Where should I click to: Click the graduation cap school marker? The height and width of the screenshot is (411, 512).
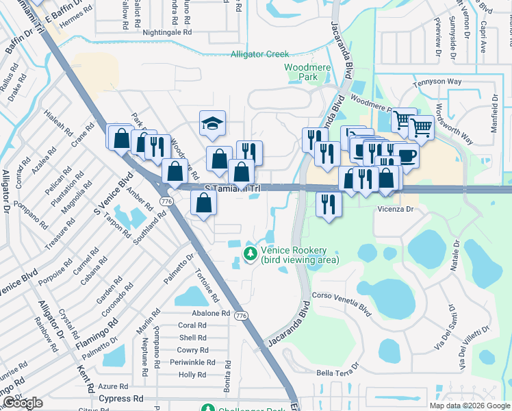212,123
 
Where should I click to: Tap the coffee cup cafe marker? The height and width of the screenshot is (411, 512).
406,155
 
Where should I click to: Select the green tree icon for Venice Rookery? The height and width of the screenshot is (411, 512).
251,255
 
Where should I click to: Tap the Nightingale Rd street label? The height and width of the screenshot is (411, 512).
167,32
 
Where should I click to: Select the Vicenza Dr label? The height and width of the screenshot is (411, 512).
396,209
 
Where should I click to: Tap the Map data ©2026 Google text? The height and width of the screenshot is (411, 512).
469,406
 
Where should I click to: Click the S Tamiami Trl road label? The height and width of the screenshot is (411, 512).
233,188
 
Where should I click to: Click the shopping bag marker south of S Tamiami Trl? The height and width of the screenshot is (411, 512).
204,203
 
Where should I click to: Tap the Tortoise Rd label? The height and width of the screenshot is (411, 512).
207,286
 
